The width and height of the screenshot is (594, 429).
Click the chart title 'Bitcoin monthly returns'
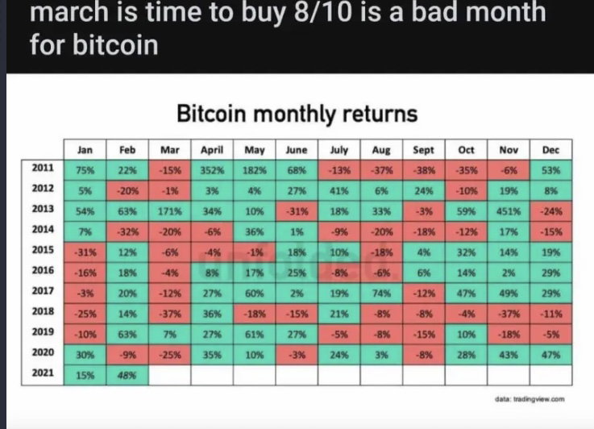297,114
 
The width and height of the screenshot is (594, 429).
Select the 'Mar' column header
170,150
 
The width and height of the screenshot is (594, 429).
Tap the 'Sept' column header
423,150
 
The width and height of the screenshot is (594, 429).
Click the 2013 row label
43,209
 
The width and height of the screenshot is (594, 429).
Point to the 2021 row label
43,373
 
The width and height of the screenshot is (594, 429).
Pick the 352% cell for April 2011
212,170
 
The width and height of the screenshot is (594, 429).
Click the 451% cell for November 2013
509,211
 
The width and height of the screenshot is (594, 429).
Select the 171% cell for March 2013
170,211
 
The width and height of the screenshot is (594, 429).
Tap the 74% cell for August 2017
381,294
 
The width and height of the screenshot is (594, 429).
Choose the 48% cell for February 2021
127,375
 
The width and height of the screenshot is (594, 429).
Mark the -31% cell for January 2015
85,252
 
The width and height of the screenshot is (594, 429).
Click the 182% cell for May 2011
255,170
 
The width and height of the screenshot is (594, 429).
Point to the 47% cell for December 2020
550,355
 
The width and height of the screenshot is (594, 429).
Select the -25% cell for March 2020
170,355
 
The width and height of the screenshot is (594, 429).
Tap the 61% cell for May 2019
255,335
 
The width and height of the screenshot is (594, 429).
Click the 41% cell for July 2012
339,191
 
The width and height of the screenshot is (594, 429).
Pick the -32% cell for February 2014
127,232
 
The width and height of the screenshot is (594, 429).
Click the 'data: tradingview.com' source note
530,399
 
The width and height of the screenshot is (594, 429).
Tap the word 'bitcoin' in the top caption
115,45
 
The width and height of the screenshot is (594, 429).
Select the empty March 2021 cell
170,375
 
